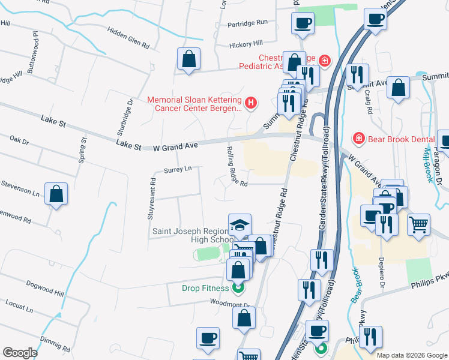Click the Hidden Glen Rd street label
(x=128, y=36)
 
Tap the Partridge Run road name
(x=247, y=23)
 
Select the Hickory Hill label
(x=246, y=44)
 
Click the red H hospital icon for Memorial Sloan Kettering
(x=251, y=103)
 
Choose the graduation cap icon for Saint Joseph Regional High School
(x=240, y=225)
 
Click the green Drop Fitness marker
(x=238, y=288)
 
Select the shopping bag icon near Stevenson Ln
(x=56, y=194)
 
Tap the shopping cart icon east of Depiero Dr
(x=419, y=224)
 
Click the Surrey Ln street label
(x=177, y=169)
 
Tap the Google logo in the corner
(x=20, y=353)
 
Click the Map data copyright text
(x=411, y=355)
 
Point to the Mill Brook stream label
(x=430, y=163)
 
